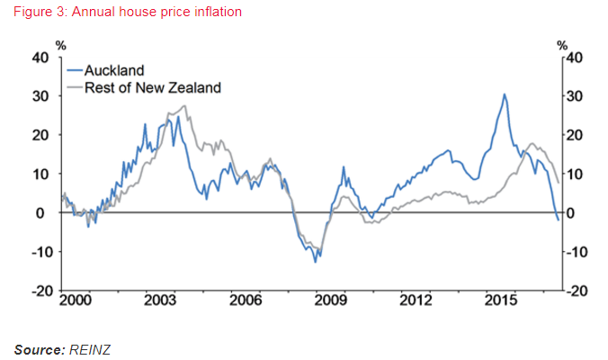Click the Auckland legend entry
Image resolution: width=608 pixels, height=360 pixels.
tap(114, 70)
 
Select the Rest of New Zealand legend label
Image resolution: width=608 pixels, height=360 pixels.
tap(152, 87)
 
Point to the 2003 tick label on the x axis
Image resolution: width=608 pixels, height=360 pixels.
tap(159, 299)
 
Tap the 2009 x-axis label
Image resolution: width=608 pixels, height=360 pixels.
tap(330, 299)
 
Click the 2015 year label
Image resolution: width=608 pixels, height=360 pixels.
tap(501, 299)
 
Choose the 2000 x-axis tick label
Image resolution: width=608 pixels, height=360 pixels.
tap(76, 299)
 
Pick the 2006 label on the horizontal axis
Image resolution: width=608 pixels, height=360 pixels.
tap(246, 299)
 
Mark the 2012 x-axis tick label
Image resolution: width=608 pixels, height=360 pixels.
tap(416, 299)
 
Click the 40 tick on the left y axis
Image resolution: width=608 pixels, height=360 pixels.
tap(40, 57)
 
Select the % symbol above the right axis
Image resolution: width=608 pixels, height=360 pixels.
tap(562, 44)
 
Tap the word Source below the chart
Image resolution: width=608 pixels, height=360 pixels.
tap(38, 347)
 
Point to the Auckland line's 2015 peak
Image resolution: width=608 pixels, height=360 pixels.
tap(505, 94)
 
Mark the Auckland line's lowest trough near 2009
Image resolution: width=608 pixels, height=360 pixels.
tap(316, 261)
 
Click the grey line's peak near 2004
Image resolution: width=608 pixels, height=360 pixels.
tap(184, 106)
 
